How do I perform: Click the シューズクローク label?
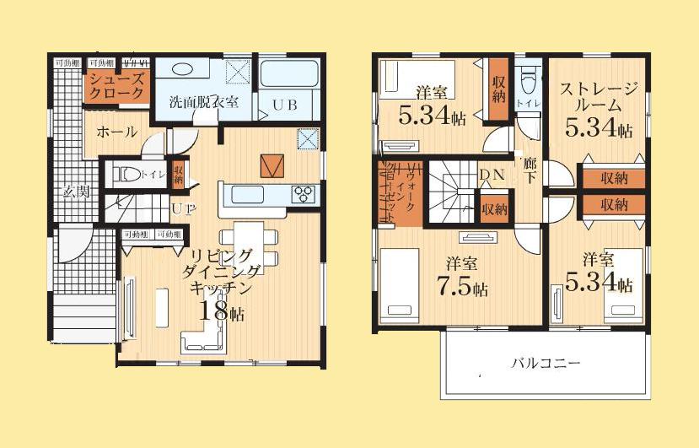coord(117,86)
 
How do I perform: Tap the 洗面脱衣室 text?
coord(203,102)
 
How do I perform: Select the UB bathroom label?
coord(282,105)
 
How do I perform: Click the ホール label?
coord(111,132)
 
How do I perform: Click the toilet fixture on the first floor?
coord(129,175)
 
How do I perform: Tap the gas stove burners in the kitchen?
coord(304,194)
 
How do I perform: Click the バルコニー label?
coord(545,363)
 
